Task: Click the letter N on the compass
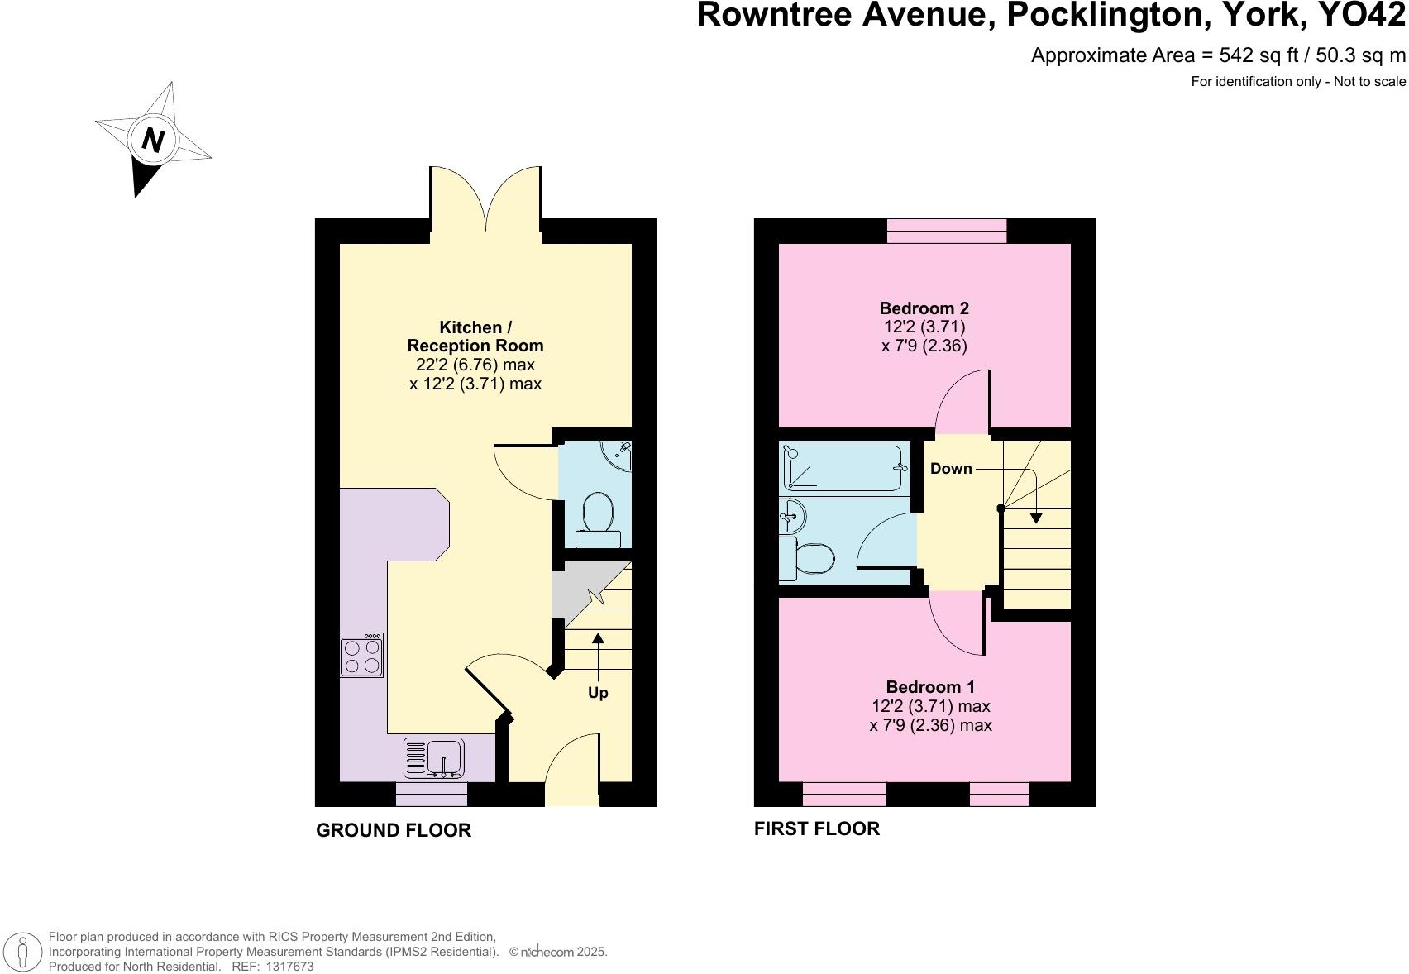pos(152,140)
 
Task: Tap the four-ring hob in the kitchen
pos(361,656)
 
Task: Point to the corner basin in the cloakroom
pos(618,455)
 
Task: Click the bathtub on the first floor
pos(843,469)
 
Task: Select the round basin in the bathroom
pos(791,518)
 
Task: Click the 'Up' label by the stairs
pos(598,693)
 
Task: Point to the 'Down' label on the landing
pos(951,469)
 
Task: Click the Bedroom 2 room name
pos(924,308)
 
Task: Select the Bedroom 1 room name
pos(930,687)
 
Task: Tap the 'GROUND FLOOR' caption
pos(394,830)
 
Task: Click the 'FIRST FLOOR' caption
pos(816,828)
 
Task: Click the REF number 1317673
pos(290,967)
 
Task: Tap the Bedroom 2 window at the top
pos(947,231)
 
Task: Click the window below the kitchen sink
pos(432,795)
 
